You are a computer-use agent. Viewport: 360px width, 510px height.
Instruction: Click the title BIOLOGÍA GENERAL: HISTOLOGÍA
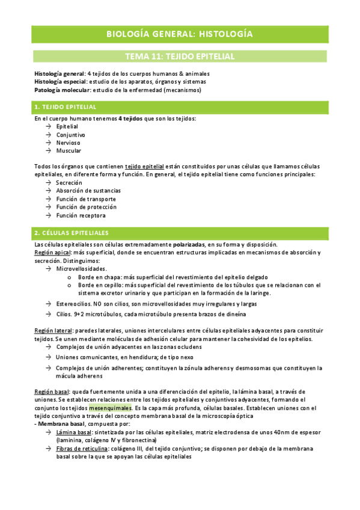[x=180, y=33]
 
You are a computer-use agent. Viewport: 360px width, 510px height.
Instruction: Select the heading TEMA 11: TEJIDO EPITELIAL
[x=180, y=57]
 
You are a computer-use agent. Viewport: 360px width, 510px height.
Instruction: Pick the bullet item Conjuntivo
[x=70, y=135]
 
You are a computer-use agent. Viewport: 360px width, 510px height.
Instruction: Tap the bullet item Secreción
[x=69, y=182]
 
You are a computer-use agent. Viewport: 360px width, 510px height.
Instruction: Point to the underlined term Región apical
[x=52, y=253]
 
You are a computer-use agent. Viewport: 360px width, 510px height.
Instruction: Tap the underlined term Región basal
[x=51, y=392]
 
